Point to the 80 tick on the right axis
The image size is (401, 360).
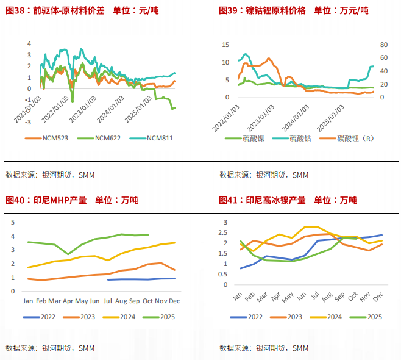click(383, 45)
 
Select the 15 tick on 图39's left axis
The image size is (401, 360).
click(225, 45)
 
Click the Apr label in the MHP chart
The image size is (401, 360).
click(68, 301)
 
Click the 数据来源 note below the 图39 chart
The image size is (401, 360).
click(264, 175)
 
